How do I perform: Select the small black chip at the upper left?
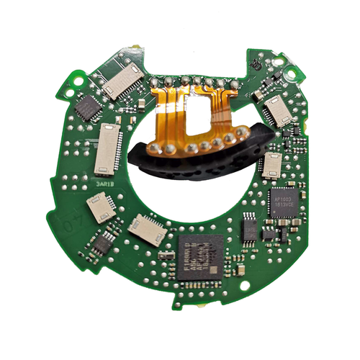click(89, 108)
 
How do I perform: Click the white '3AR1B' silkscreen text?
click(105, 182)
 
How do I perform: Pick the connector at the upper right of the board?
click(276, 110)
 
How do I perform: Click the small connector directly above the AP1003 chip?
click(273, 166)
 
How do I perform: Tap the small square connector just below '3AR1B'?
click(100, 208)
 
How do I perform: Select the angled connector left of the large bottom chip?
click(147, 230)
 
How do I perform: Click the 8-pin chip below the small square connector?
click(103, 242)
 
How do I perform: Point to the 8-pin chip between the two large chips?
click(249, 227)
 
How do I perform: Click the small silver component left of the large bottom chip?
click(166, 256)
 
